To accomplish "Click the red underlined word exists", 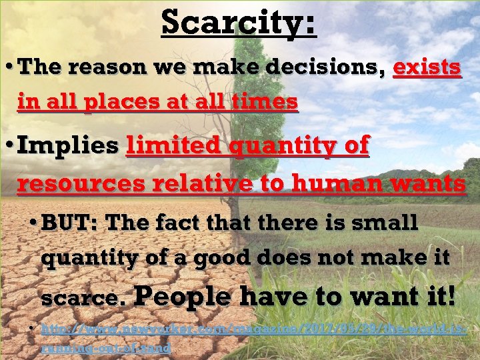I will coord(427,68).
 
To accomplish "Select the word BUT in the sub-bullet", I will coord(69,223).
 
